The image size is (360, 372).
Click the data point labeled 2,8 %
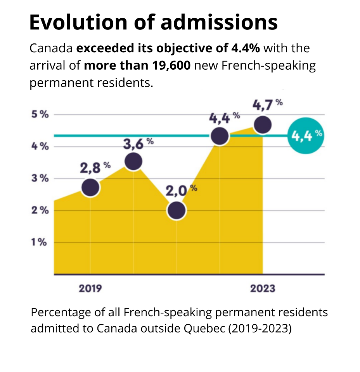[90, 188]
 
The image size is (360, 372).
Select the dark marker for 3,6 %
[133, 161]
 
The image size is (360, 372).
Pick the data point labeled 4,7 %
[262, 125]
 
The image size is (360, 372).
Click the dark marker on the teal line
[220, 136]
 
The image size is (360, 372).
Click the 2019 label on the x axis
[90, 289]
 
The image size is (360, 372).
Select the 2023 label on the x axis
[262, 289]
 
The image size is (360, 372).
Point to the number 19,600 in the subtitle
[170, 65]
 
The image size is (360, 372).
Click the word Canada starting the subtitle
[51, 49]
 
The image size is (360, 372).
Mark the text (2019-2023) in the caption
[260, 328]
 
